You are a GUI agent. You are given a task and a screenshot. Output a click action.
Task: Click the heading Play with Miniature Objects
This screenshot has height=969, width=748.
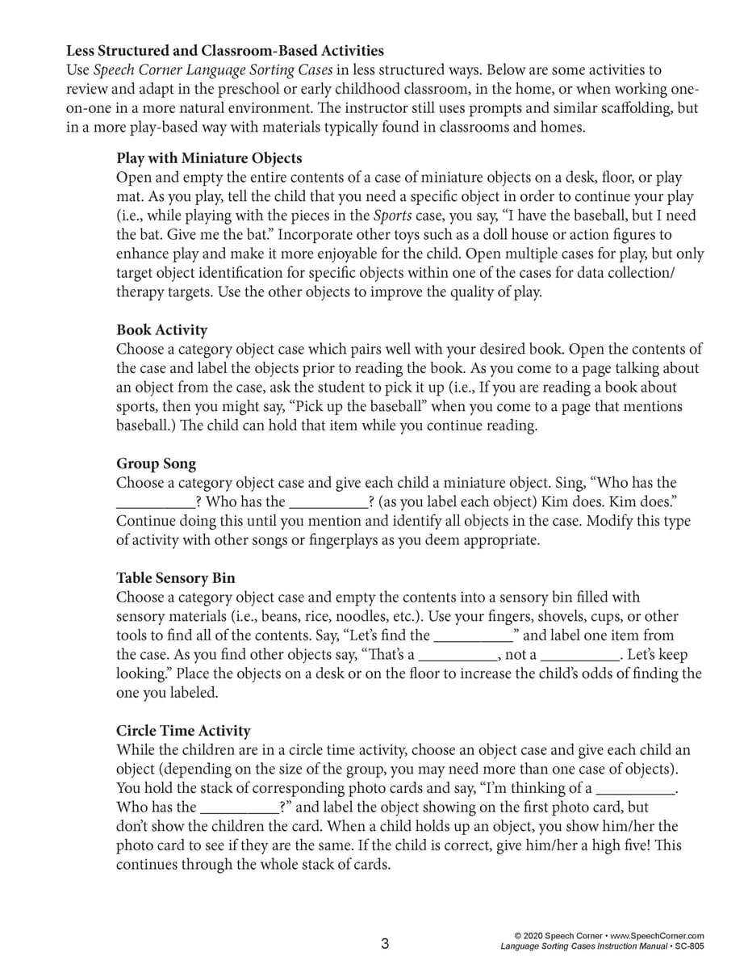pos(209,157)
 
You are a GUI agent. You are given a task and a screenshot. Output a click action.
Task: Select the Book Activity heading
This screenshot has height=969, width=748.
pos(161,329)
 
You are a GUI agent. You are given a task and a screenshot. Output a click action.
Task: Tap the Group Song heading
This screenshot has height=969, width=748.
pos(156,464)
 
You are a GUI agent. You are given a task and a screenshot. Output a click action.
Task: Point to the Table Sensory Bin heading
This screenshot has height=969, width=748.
pos(176,578)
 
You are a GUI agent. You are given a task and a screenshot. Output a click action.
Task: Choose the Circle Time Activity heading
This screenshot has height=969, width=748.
pos(183,731)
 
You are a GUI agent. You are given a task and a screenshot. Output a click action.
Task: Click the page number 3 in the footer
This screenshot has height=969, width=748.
pos(385,943)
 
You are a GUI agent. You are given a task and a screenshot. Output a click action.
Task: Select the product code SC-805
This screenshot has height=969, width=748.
pos(688,946)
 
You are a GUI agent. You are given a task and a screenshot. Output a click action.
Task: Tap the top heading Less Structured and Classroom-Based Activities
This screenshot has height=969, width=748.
pos(225,51)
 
